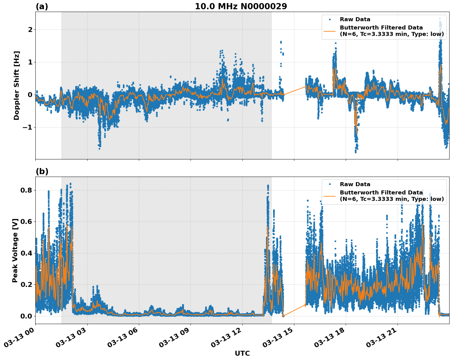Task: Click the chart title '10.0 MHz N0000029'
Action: click(241, 6)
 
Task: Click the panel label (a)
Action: click(42, 6)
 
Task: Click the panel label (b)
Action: click(42, 171)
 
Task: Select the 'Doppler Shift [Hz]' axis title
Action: click(17, 85)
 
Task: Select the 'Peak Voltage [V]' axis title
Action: click(15, 250)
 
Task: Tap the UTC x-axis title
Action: click(242, 354)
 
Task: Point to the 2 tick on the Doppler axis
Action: click(30, 30)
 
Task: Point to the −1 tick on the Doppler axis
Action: click(28, 127)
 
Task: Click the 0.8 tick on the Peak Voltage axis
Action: click(26, 190)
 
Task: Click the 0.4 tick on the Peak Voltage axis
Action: click(26, 253)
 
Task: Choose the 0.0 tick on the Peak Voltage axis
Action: click(26, 316)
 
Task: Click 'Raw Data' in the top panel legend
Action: click(355, 20)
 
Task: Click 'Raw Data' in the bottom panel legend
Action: click(355, 184)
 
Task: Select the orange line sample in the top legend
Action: click(330, 31)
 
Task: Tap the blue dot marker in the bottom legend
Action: click(330, 184)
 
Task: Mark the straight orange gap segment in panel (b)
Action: click(294, 310)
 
